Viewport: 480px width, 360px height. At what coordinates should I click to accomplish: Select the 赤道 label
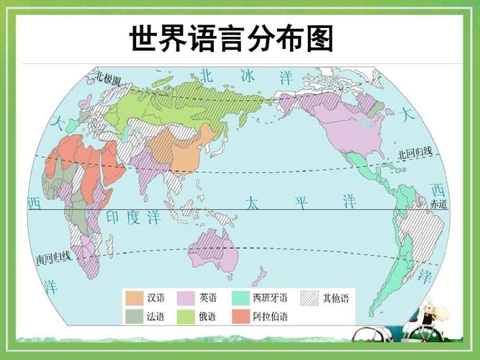pos(438,204)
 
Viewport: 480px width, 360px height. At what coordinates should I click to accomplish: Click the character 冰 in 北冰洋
pos(248,76)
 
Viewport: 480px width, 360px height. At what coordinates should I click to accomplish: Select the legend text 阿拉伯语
pos(270,315)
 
